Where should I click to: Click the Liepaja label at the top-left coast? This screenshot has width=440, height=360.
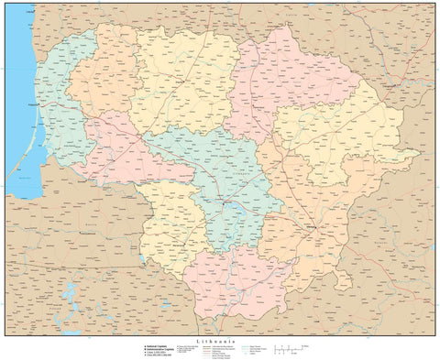point(18,9)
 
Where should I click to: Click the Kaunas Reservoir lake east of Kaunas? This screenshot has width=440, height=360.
point(240,209)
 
